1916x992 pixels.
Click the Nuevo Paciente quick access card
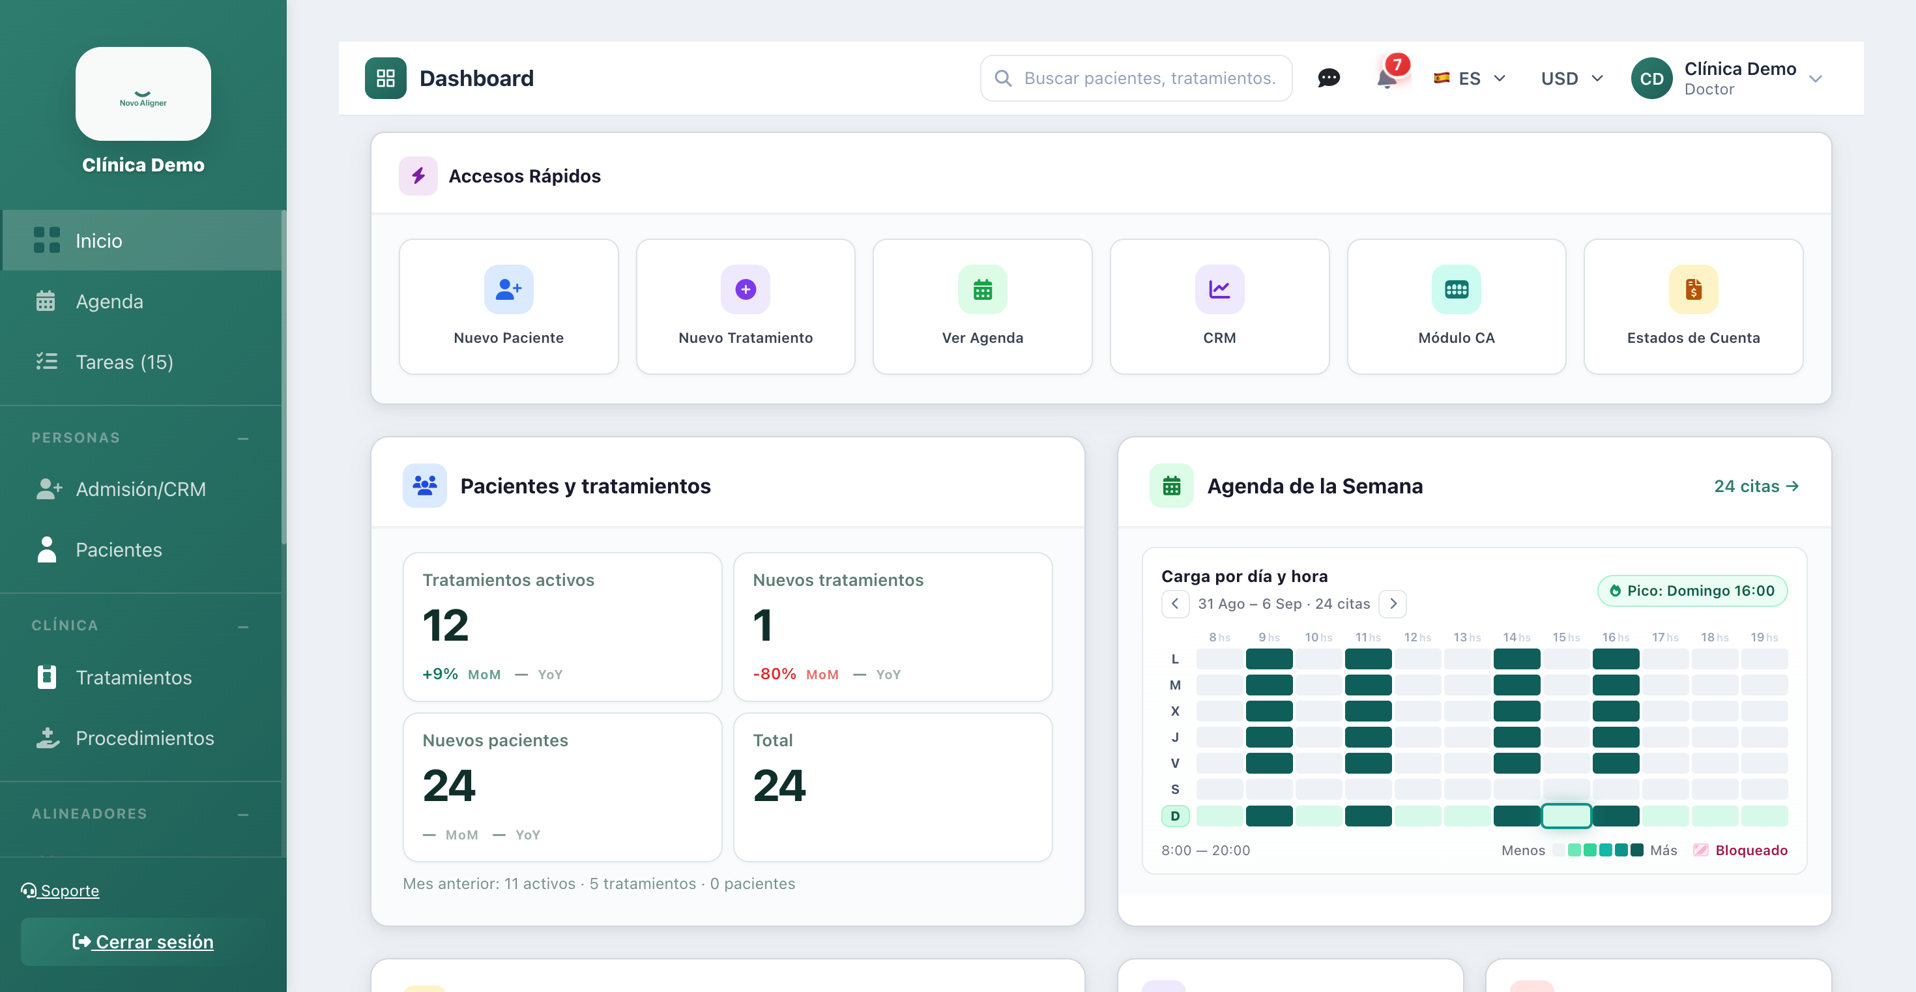pyautogui.click(x=509, y=306)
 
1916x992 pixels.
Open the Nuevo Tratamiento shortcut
pyautogui.click(x=746, y=306)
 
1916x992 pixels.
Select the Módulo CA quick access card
pyautogui.click(x=1457, y=306)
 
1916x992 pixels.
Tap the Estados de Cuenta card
pyautogui.click(x=1693, y=306)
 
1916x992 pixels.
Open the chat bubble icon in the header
pyautogui.click(x=1328, y=78)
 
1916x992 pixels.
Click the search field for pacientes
pyautogui.click(x=1136, y=78)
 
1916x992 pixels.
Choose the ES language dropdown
pyautogui.click(x=1470, y=78)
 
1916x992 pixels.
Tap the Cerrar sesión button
pyautogui.click(x=143, y=941)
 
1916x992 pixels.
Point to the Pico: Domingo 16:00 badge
pyautogui.click(x=1692, y=591)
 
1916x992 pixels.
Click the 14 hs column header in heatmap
pyautogui.click(x=1516, y=637)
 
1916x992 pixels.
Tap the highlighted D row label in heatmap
pyautogui.click(x=1175, y=816)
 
